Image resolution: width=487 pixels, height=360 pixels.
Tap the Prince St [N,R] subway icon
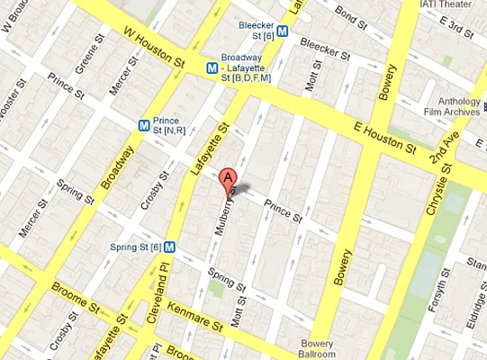(x=144, y=124)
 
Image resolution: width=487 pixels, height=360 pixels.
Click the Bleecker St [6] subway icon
(x=283, y=30)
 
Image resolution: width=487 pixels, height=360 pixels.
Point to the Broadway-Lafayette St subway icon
(x=211, y=67)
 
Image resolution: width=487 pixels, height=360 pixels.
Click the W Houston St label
(x=154, y=49)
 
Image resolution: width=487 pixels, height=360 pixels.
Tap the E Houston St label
(x=385, y=136)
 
